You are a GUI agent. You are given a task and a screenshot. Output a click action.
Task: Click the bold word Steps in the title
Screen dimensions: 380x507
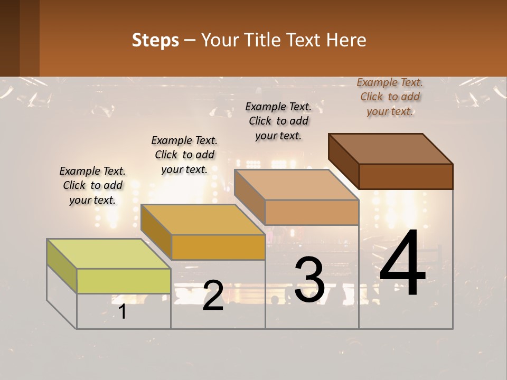coord(155,40)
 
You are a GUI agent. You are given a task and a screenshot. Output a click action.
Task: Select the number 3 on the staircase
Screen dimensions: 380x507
coord(309,280)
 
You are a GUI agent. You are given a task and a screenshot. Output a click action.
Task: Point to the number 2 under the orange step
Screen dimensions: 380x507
coord(213,296)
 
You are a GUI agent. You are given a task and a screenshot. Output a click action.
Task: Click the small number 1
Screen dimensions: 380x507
coord(123,312)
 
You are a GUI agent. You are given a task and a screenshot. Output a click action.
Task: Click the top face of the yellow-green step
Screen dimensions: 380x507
coord(108,253)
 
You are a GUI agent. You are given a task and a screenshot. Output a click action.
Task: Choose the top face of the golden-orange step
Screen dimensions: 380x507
coord(203,219)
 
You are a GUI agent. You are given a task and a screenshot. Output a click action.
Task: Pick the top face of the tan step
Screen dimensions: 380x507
coord(296,185)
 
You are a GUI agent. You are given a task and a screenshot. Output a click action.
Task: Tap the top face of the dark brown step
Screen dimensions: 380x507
coord(390,148)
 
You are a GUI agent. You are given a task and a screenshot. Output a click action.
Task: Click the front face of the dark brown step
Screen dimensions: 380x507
coord(406,176)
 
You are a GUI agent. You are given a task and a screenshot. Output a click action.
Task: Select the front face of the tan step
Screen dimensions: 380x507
coord(312,212)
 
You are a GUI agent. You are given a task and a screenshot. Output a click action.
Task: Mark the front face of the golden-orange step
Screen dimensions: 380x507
coord(218,247)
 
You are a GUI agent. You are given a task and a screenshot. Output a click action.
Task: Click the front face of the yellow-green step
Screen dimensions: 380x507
coord(124,281)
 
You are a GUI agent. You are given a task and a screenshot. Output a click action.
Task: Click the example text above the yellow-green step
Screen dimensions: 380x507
coord(92,185)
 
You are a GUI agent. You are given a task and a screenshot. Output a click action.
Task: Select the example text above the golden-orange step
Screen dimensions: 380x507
coord(184,155)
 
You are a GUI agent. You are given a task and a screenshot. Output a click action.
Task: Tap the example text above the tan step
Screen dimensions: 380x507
coord(278,121)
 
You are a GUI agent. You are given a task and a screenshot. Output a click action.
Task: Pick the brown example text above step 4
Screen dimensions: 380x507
coord(390,97)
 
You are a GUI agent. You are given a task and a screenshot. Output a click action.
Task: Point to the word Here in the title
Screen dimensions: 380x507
coord(346,40)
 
